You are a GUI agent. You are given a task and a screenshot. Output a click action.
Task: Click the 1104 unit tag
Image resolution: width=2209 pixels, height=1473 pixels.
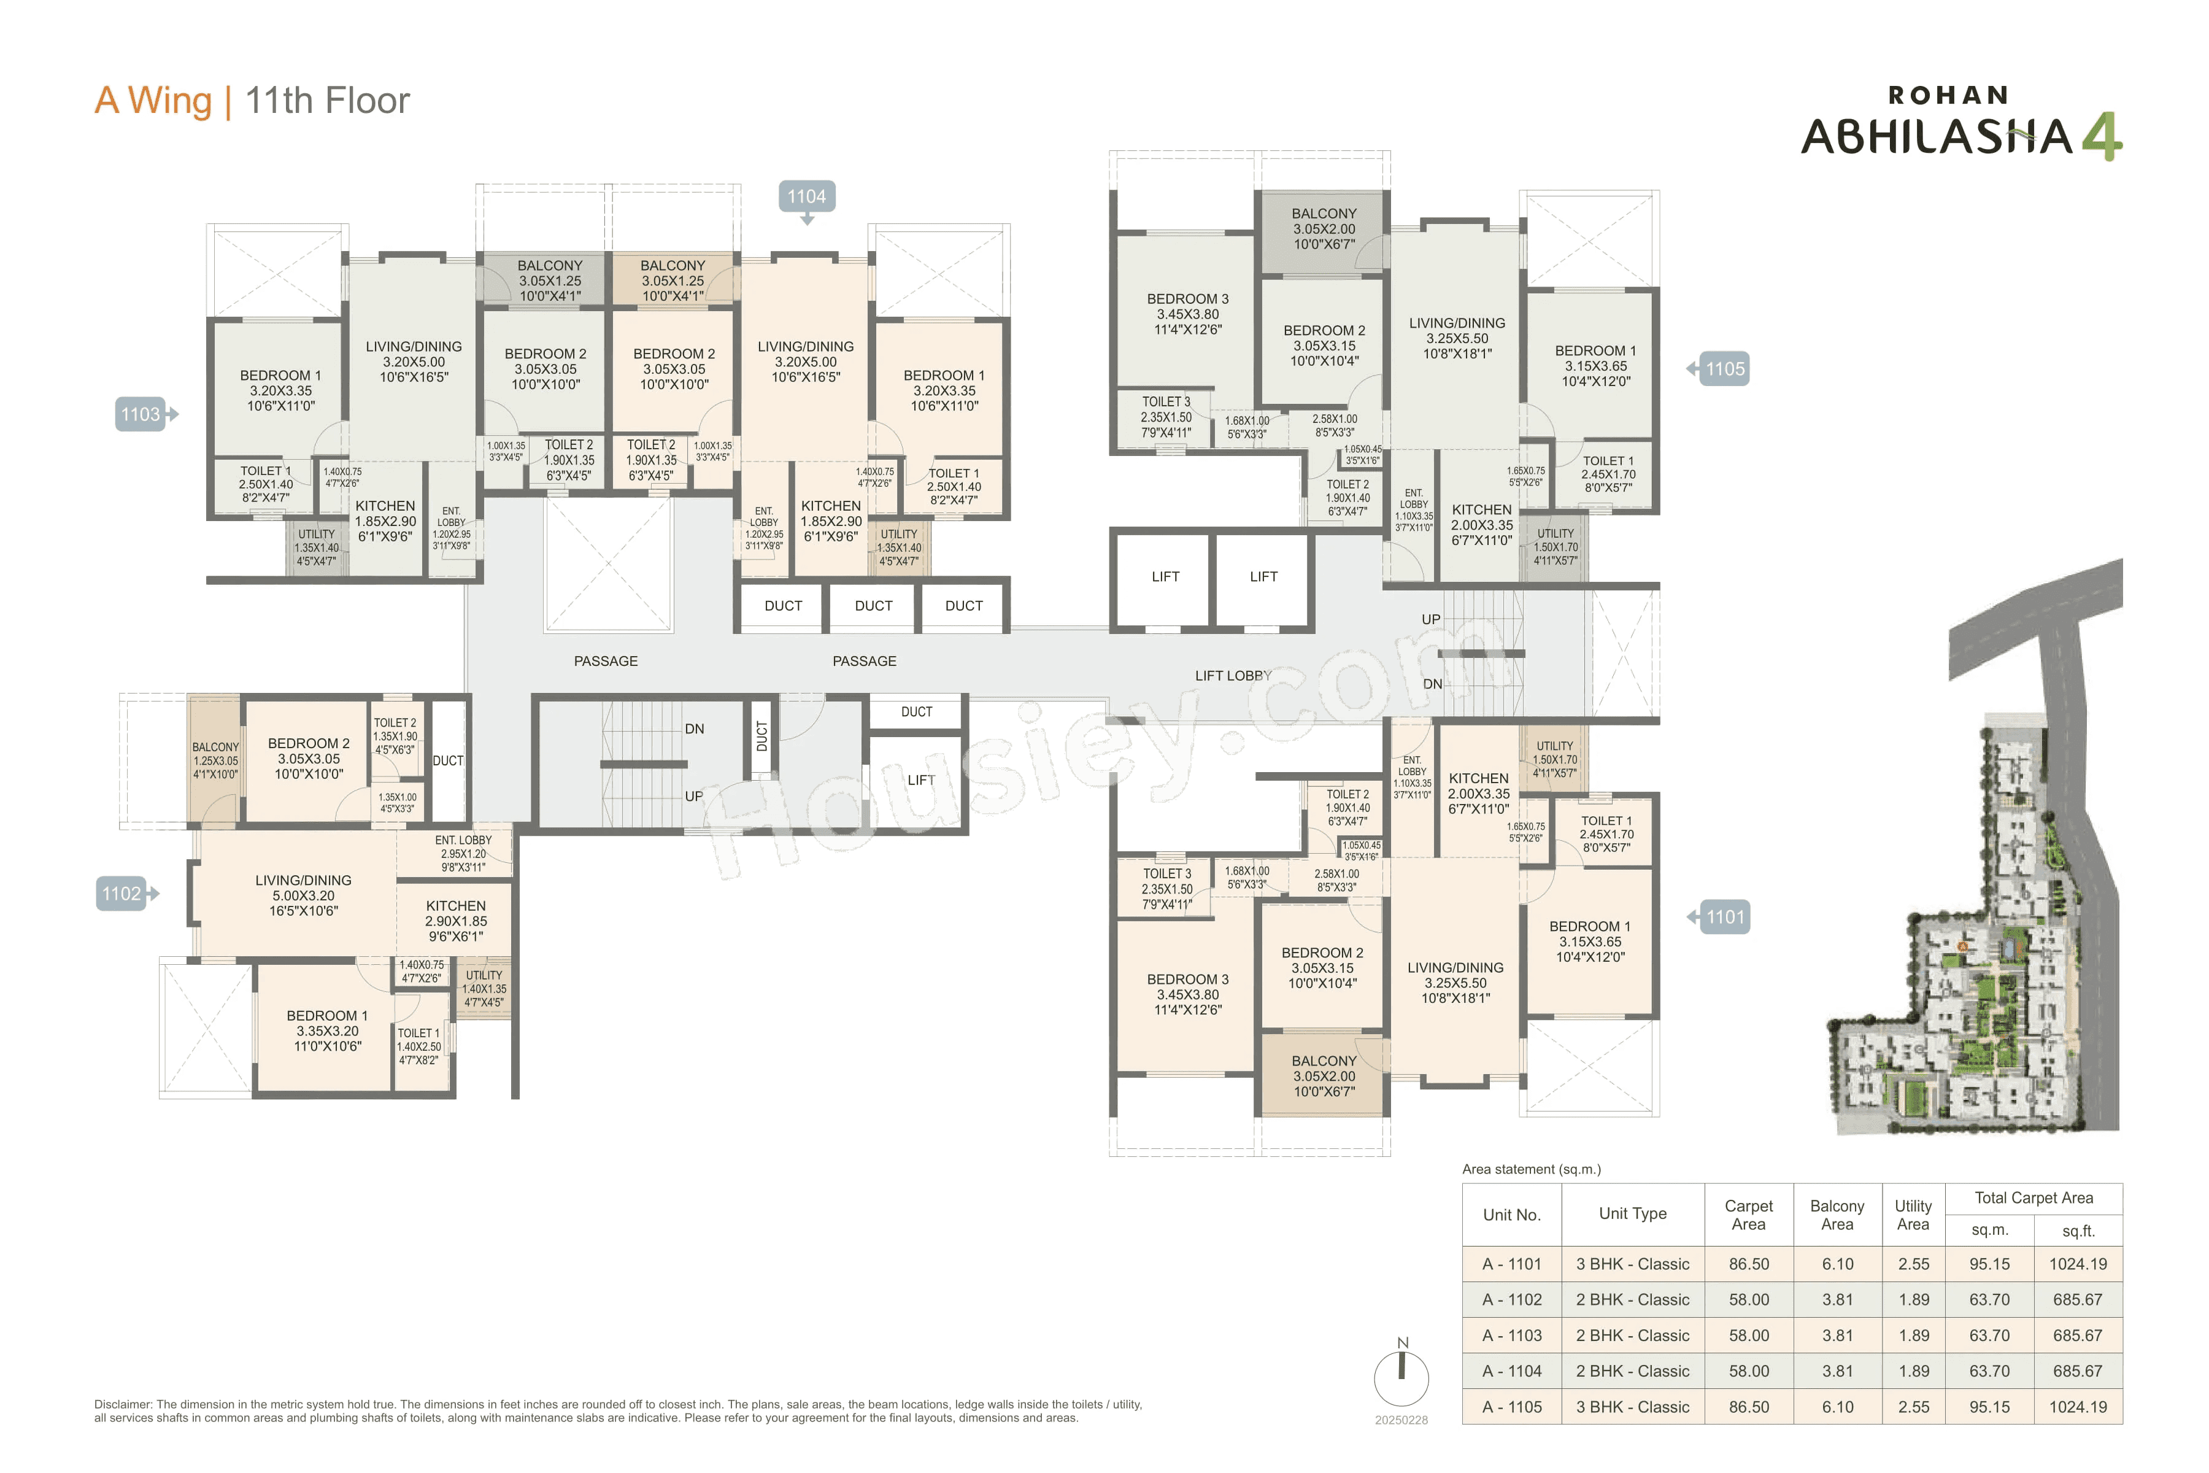click(x=806, y=196)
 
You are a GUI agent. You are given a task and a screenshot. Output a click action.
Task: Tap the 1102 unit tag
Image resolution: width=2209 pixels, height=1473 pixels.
click(x=122, y=894)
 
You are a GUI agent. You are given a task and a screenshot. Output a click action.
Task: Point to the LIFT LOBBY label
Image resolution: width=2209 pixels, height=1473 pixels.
click(x=1232, y=676)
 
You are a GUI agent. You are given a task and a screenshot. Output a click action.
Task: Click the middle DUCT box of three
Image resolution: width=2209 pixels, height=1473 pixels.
click(x=873, y=606)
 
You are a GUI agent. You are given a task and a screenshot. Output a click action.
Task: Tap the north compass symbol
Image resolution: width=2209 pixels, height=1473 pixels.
click(x=1401, y=1375)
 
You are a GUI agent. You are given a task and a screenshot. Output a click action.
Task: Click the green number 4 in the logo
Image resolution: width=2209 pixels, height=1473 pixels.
click(x=2102, y=136)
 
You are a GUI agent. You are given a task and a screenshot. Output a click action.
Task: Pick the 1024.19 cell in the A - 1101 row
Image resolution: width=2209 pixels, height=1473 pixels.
click(x=2078, y=1264)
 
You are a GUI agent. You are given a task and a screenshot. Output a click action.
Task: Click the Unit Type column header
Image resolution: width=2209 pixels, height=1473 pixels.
click(x=1632, y=1214)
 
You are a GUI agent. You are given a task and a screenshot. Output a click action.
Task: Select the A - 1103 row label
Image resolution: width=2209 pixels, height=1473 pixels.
click(x=1511, y=1335)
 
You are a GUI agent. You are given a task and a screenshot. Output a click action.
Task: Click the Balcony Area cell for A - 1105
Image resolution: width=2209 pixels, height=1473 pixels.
click(x=1837, y=1406)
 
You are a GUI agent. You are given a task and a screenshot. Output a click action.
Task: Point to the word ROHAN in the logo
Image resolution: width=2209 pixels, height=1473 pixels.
click(x=1948, y=95)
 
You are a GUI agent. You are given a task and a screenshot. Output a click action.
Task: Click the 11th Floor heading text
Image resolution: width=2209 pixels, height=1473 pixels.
click(x=327, y=101)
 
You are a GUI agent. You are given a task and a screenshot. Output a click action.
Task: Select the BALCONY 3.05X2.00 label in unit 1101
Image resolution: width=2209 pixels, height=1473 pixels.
click(x=1324, y=1076)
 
